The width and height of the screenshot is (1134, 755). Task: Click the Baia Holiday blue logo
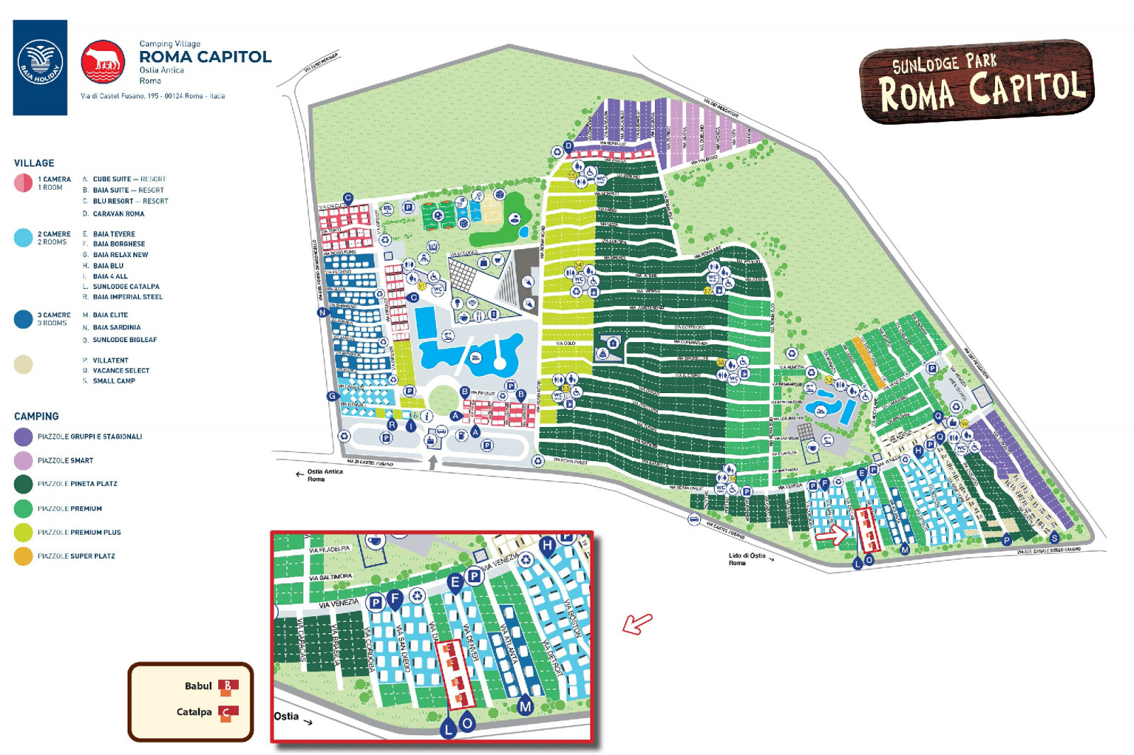tap(40, 67)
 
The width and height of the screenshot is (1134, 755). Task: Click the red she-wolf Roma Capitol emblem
tap(103, 62)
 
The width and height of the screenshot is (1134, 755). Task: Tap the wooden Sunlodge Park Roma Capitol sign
tap(977, 81)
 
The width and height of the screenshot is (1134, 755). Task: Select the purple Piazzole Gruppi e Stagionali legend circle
tap(23, 436)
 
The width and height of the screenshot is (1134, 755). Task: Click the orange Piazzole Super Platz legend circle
tap(23, 556)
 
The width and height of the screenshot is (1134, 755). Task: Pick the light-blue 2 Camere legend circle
tap(23, 238)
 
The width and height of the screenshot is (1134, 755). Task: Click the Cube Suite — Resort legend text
tap(129, 179)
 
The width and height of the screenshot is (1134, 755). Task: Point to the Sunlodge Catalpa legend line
tap(125, 287)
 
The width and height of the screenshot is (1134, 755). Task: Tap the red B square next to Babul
tap(228, 686)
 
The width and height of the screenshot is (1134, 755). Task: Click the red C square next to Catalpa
tap(228, 712)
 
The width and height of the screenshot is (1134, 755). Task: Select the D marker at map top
tap(568, 147)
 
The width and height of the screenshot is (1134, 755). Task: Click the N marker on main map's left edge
tap(322, 312)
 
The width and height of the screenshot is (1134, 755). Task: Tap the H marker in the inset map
tap(546, 545)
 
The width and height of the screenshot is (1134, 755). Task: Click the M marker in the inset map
tap(525, 706)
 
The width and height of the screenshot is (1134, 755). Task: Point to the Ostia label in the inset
tap(286, 716)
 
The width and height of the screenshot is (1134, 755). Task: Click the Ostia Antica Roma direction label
tap(325, 475)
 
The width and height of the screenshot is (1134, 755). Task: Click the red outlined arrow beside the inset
tap(637, 623)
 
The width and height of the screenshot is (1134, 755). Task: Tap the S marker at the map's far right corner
tap(1054, 538)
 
